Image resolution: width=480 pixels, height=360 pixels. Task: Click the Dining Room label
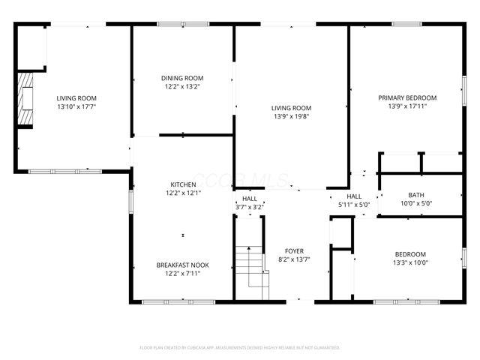pos(182,78)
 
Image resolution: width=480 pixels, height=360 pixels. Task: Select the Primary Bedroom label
pos(407,97)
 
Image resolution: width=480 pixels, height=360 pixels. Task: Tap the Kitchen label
pos(183,184)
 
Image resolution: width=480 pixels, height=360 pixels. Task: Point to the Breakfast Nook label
pos(182,265)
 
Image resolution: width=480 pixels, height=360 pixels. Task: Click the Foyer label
pos(294,251)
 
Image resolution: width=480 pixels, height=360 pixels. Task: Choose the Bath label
pos(415,195)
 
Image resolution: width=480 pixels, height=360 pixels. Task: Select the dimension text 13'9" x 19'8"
pos(291,116)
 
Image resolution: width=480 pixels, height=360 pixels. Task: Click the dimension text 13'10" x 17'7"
pos(76,106)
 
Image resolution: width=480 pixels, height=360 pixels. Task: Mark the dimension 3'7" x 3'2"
pos(249,207)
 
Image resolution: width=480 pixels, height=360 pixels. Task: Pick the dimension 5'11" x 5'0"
pos(354,204)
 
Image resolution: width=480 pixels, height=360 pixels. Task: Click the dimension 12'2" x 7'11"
pos(182,274)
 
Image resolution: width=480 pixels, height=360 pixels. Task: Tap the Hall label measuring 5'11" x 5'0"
pos(354,196)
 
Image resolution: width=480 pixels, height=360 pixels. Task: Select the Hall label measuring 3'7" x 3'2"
pos(249,199)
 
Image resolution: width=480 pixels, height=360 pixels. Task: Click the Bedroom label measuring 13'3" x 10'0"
pos(410,254)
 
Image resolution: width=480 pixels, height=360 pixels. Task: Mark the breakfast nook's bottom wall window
pos(167,302)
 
